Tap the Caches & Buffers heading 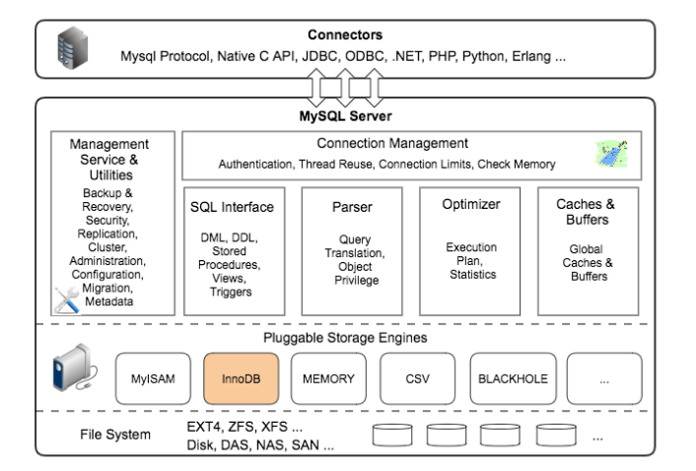pyautogui.click(x=586, y=211)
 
